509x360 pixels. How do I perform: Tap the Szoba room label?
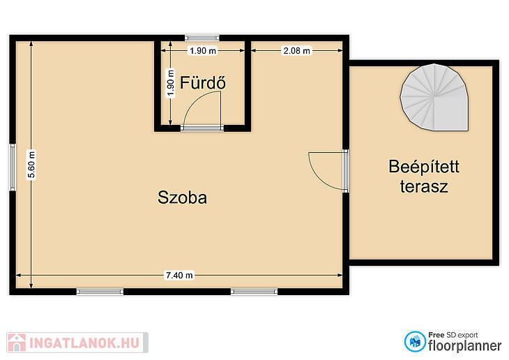pyautogui.click(x=182, y=197)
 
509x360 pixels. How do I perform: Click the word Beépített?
pyautogui.click(x=424, y=167)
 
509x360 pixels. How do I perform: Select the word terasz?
pyautogui.click(x=424, y=186)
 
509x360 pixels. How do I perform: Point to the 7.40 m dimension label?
pyautogui.click(x=179, y=275)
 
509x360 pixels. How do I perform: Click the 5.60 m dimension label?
pyautogui.click(x=31, y=165)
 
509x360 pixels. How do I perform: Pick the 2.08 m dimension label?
pyautogui.click(x=297, y=51)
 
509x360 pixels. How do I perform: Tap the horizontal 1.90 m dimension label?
pyautogui.click(x=203, y=51)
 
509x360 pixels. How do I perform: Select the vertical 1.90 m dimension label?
pyautogui.click(x=170, y=83)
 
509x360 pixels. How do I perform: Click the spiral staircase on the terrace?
pyautogui.click(x=434, y=97)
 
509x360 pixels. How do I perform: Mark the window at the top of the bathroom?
pyautogui.click(x=202, y=38)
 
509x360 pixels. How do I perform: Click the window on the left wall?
pyautogui.click(x=13, y=167)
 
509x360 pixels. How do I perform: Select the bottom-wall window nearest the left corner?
pyautogui.click(x=100, y=292)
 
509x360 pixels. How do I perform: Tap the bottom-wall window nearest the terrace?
pyautogui.click(x=254, y=292)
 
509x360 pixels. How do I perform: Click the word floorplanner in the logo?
pyautogui.click(x=465, y=346)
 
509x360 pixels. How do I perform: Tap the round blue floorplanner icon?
pyautogui.click(x=415, y=341)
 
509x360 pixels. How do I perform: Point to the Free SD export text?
pyautogui.click(x=453, y=335)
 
